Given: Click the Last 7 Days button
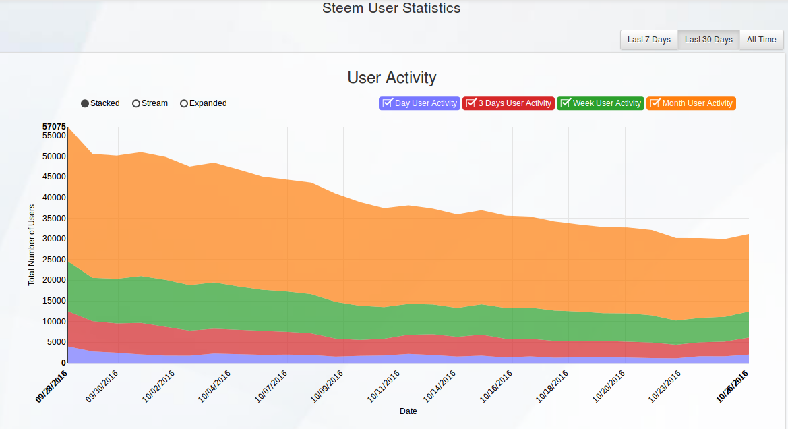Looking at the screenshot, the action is point(648,40).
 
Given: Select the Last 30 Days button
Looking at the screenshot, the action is point(708,40).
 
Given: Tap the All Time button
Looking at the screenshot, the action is point(761,40).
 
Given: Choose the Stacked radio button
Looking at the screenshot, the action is point(85,104).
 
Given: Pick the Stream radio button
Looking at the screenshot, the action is point(135,104).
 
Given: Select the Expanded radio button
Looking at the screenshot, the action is point(184,104).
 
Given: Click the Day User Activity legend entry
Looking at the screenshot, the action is point(420,103).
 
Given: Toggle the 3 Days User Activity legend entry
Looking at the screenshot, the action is point(508,103).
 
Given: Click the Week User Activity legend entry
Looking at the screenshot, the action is point(601,103).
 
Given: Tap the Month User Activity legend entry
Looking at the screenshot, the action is point(691,103).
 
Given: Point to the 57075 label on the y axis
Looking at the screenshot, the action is point(55,127).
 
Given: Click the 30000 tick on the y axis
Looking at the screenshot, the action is point(55,239).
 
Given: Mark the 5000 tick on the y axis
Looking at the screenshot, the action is point(57,342).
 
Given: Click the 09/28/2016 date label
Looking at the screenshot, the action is point(51,387).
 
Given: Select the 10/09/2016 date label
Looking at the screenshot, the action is point(327,387).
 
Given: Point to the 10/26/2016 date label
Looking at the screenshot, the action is point(732,387).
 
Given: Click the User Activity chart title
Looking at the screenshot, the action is point(392,78).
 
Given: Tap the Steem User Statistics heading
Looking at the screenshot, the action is point(392,8).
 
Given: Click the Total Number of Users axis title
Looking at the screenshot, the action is point(32,245).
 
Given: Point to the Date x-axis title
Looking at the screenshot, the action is point(408,411).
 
